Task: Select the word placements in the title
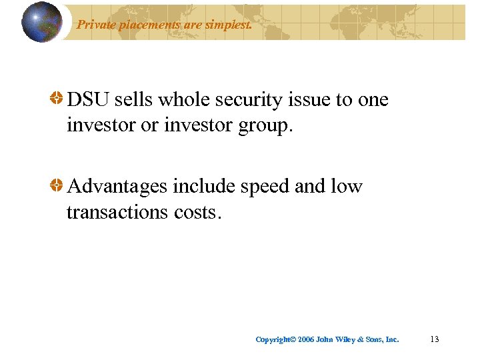147,26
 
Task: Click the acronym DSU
89,100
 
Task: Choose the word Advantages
117,187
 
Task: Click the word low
347,186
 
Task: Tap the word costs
197,213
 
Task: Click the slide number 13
435,339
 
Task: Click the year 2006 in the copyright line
306,340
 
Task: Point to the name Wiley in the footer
344,340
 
